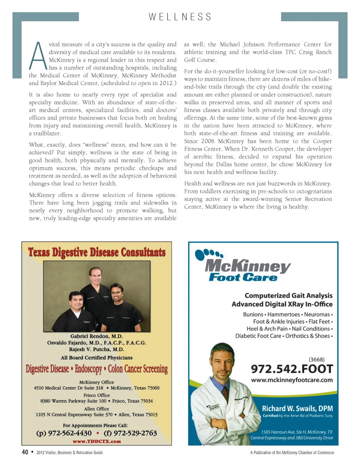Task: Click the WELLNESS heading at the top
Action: pyautogui.click(x=180, y=17)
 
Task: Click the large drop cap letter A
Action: pyautogui.click(x=38, y=56)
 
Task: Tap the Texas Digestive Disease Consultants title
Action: pyautogui.click(x=97, y=252)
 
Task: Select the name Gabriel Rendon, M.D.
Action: pyautogui.click(x=96, y=336)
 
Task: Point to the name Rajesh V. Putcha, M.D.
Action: pyautogui.click(x=96, y=349)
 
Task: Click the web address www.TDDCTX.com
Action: pyautogui.click(x=97, y=441)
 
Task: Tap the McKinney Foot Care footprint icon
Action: pyautogui.click(x=208, y=254)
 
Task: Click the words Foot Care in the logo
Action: pyautogui.click(x=243, y=278)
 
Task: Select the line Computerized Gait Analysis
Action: pyautogui.click(x=288, y=296)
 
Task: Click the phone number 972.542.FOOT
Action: pyautogui.click(x=292, y=369)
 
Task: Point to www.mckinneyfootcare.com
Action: pyautogui.click(x=292, y=380)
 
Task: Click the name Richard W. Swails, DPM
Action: pyautogui.click(x=297, y=408)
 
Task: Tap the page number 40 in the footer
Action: pyautogui.click(x=25, y=452)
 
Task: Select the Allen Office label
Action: pyautogui.click(x=96, y=409)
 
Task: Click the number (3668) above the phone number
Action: pyautogui.click(x=316, y=359)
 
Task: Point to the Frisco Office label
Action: pyautogui.click(x=96, y=395)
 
